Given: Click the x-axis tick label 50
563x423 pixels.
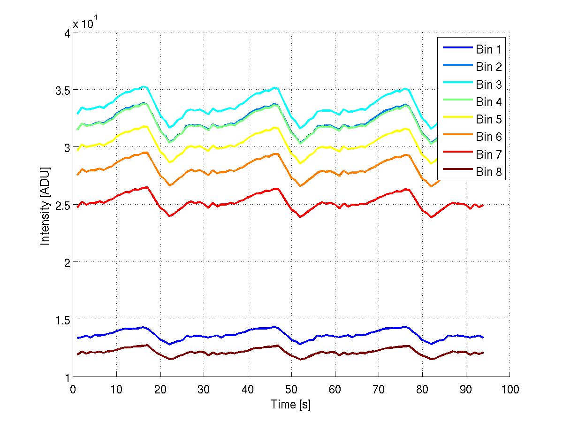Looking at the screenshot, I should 291,390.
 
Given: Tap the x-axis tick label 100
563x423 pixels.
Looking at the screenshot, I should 510,390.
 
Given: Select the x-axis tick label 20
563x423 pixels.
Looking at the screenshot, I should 160,390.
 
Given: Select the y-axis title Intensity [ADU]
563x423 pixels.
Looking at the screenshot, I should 46,205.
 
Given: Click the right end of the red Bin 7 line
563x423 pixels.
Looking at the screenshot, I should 483,205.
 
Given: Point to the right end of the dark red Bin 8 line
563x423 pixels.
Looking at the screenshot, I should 483,353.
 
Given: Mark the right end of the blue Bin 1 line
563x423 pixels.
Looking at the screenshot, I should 483,337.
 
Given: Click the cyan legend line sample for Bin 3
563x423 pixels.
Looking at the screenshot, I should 456,85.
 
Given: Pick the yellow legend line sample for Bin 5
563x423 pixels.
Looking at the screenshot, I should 456,119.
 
